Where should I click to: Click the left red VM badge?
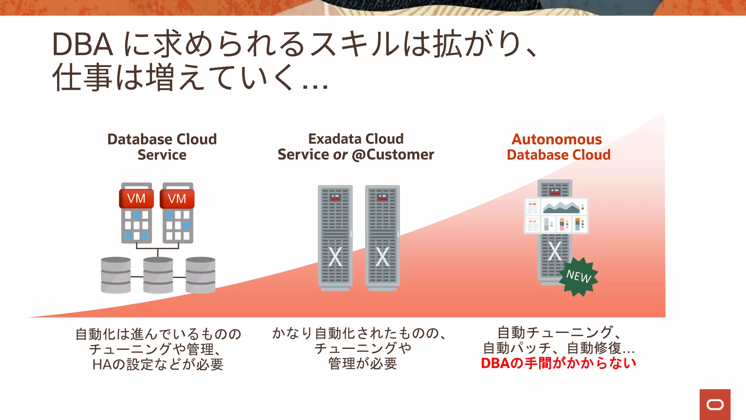136,199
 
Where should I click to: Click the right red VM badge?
177,199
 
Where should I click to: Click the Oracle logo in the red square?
715,405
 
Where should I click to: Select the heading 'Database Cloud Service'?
162,147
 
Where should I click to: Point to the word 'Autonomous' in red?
557,139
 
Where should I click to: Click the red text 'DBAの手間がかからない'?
558,363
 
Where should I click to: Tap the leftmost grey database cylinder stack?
116,275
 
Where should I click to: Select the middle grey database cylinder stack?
158,275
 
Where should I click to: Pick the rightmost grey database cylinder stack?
200,275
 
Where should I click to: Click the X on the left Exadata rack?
335,257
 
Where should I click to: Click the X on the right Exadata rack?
382,257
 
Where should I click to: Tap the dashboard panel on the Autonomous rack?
556,216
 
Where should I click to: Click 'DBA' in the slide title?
82,44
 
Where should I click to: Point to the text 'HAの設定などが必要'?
158,364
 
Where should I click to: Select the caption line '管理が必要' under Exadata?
362,363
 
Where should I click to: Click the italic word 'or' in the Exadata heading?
340,155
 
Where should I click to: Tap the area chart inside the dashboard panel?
561,208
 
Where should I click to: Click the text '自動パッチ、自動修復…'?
558,348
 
